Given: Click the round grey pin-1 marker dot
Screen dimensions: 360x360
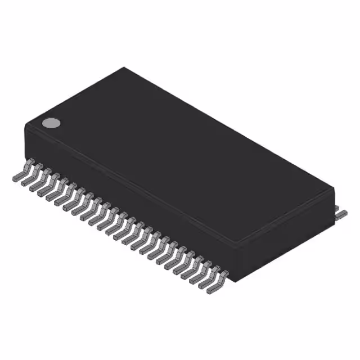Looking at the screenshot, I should tap(51, 123).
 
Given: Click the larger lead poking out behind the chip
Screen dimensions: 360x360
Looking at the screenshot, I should tap(341, 214).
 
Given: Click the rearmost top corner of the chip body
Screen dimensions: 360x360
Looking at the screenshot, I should tap(124, 68).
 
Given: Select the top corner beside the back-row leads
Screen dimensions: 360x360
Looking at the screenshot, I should tap(334, 188).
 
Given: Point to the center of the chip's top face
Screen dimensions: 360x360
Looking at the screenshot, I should tap(180, 157).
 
